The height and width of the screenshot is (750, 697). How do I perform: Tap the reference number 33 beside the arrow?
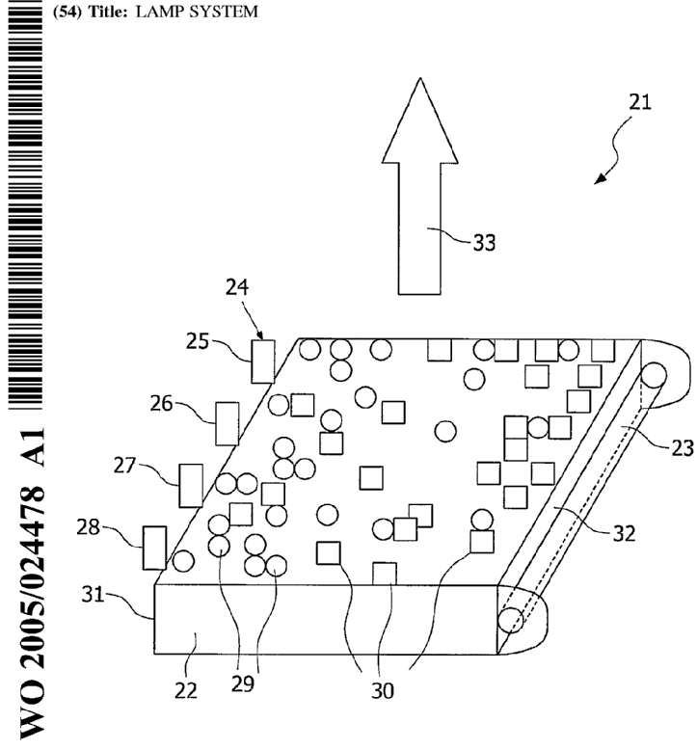click(483, 243)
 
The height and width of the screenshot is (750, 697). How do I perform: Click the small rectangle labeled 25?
click(262, 361)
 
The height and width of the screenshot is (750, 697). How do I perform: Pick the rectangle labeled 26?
click(227, 424)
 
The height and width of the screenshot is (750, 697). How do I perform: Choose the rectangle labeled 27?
click(191, 485)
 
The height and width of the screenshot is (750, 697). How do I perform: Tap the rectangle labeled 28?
click(154, 548)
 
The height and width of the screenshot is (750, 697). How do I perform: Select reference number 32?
click(624, 533)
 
